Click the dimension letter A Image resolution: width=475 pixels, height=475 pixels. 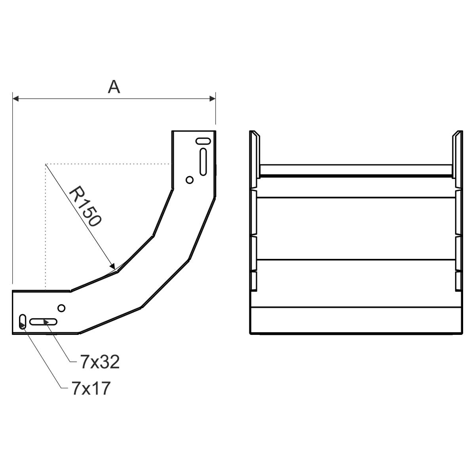click(114, 87)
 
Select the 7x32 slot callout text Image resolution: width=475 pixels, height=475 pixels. click(100, 362)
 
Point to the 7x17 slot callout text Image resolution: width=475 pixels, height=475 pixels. click(91, 388)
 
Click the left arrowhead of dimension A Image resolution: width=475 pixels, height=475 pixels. click(15, 99)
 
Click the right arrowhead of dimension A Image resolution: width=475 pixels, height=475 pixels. click(213, 99)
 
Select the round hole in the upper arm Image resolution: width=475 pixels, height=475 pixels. click(190, 180)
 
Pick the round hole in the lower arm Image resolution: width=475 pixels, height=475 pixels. click(61, 308)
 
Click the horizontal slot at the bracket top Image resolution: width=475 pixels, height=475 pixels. click(203, 141)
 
